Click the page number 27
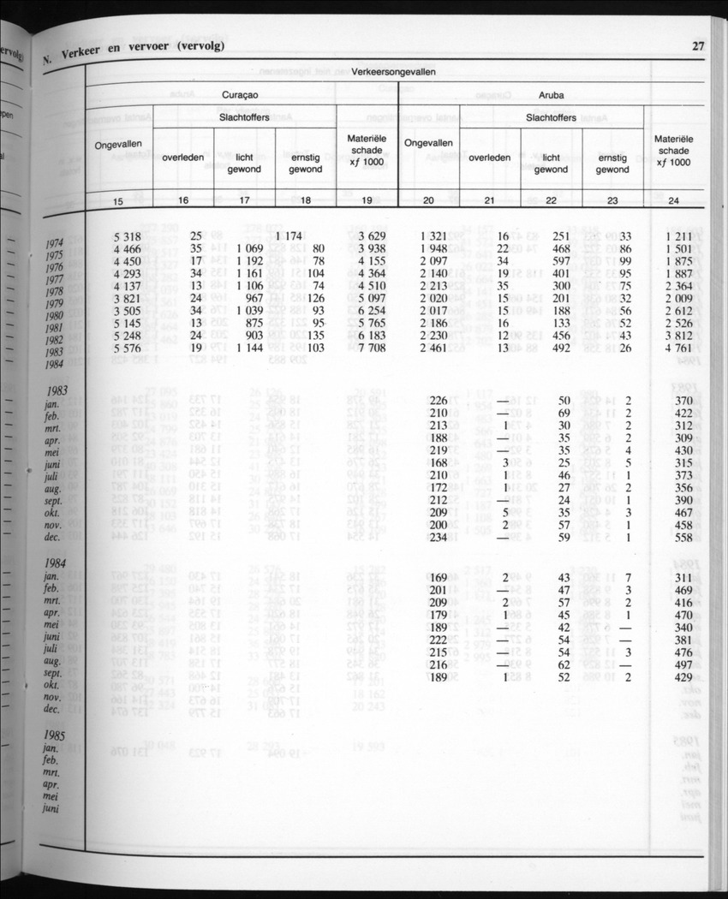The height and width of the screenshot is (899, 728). pos(698,46)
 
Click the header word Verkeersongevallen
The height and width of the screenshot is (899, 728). pos(393,72)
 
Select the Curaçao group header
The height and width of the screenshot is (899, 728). pos(240,96)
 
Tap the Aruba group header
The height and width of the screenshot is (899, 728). pos(552,96)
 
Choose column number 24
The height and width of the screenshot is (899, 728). pos(673,201)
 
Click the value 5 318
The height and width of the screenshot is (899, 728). pos(126,235)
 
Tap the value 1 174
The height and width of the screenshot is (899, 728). pos(292,235)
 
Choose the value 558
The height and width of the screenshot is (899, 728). pos(683,539)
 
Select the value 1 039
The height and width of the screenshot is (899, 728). pos(252,311)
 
